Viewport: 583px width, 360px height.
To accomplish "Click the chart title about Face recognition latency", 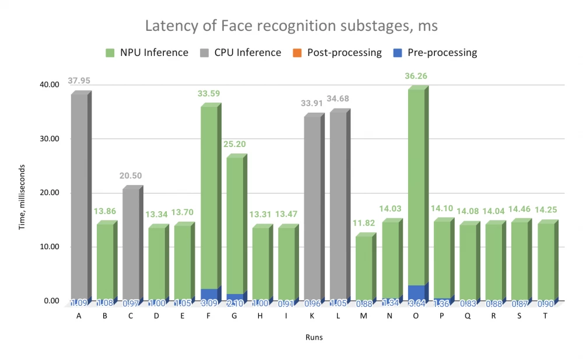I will tap(291, 26).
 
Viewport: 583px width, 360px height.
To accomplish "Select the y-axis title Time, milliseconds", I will tap(22, 193).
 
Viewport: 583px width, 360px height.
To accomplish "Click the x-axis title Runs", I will tap(314, 337).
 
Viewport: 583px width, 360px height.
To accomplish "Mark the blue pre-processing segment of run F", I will tap(208, 295).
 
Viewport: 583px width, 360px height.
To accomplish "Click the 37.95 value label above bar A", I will tap(80, 81).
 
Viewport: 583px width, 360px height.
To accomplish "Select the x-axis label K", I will tap(312, 316).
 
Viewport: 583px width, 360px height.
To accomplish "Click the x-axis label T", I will tap(546, 316).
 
